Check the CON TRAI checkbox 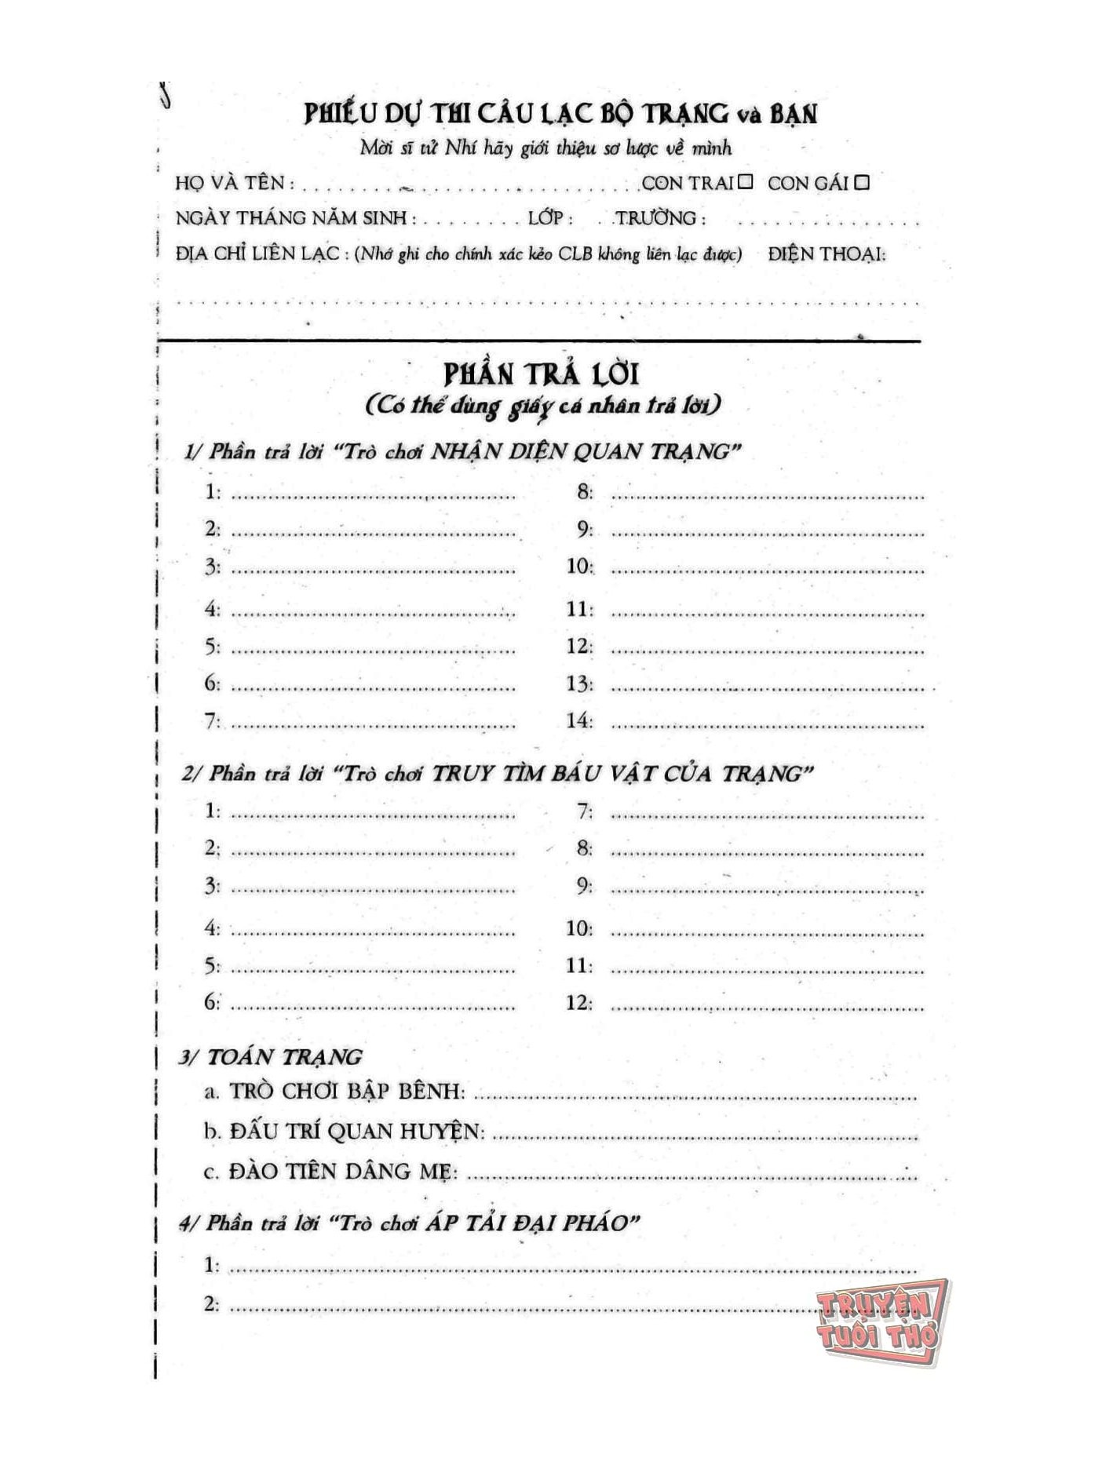pyautogui.click(x=745, y=181)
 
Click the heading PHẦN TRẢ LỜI pyautogui.click(x=542, y=374)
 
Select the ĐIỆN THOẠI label pyautogui.click(x=826, y=253)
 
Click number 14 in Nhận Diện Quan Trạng pyautogui.click(x=579, y=720)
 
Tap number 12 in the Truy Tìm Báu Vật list pyautogui.click(x=579, y=1002)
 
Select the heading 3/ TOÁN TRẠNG pyautogui.click(x=271, y=1056)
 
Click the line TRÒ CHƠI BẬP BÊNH pyautogui.click(x=345, y=1091)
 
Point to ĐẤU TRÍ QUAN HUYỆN pyautogui.click(x=354, y=1131)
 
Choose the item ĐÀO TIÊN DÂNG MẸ pyautogui.click(x=341, y=1172)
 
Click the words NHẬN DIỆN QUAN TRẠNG pyautogui.click(x=582, y=451)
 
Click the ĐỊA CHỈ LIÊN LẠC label pyautogui.click(x=257, y=253)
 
